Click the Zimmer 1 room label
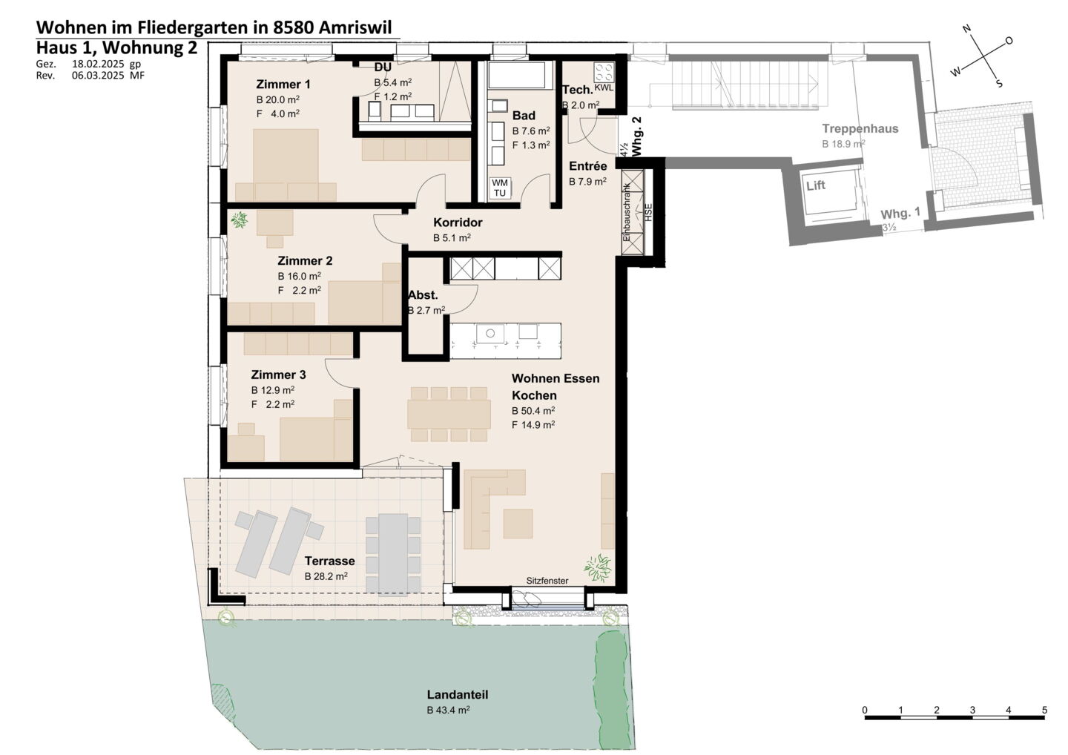283,85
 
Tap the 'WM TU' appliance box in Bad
500,188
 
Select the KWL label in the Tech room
604,88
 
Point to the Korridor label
458,222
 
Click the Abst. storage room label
423,295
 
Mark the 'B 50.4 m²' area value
533,411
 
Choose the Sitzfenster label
547,581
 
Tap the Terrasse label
330,561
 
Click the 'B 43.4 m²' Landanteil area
448,711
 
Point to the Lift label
816,185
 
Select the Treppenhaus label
860,129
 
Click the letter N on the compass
967,29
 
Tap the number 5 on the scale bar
1044,711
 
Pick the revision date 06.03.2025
98,76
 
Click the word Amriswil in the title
355,27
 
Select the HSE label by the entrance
648,213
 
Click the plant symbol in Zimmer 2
240,220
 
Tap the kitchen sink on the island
489,333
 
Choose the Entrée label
588,166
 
